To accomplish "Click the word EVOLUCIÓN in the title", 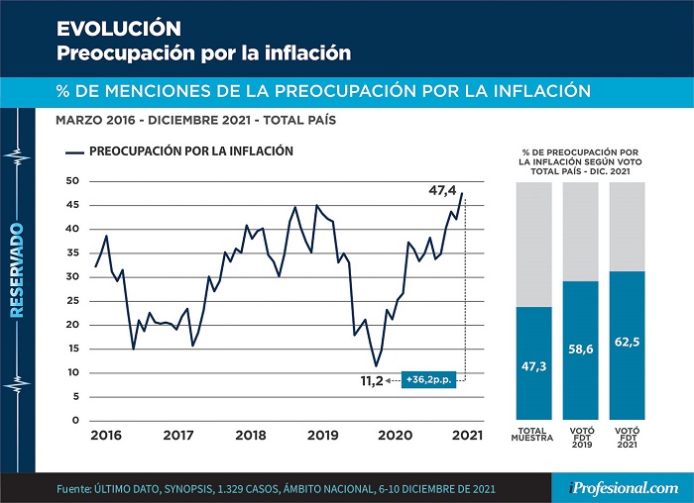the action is (x=119, y=29).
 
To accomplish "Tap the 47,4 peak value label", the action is (x=442, y=190).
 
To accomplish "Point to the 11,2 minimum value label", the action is (x=372, y=380).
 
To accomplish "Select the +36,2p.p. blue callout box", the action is (x=428, y=379).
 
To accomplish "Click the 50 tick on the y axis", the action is (x=72, y=181).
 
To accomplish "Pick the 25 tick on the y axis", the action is (x=72, y=301).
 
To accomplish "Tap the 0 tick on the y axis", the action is (x=75, y=421).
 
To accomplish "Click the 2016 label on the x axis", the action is (x=106, y=436).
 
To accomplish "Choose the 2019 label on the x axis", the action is (x=322, y=436).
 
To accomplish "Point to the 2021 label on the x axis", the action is (x=467, y=436).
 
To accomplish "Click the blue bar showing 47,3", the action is (x=533, y=363).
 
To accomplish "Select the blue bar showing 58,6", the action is (x=580, y=351).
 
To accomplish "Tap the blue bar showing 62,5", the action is (x=627, y=346).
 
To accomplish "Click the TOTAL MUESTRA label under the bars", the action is (x=532, y=434).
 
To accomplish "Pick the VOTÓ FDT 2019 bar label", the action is (x=582, y=438).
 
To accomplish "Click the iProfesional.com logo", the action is (x=624, y=488).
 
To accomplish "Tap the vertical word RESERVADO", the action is (x=17, y=270).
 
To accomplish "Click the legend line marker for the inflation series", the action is (x=74, y=152).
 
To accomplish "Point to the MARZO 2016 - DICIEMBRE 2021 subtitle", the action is (x=195, y=120).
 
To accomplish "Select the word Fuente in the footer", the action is (x=73, y=489).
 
